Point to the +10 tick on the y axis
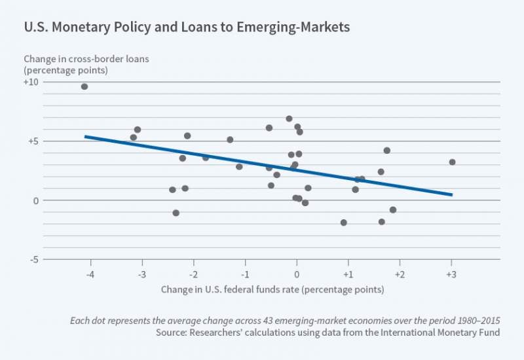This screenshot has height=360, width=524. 31,82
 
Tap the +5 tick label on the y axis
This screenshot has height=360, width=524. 33,141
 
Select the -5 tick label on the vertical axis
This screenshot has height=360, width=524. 33,259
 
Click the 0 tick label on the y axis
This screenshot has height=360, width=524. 36,200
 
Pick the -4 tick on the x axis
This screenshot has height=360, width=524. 90,274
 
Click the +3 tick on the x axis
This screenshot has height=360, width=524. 451,274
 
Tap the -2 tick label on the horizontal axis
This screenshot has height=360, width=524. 193,274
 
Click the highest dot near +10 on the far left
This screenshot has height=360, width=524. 84,86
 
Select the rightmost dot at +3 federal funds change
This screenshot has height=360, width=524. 452,162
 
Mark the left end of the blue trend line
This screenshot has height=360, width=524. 86,136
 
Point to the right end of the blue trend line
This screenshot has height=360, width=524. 451,194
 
